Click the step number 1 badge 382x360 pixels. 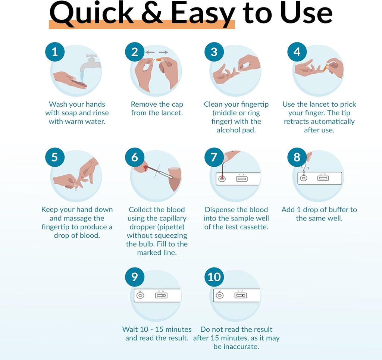(x=55, y=52)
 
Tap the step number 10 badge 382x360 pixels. (x=214, y=277)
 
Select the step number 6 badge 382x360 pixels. (x=135, y=157)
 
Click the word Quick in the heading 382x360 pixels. (x=91, y=13)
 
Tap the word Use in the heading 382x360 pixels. (x=306, y=13)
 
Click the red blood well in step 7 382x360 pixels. (x=222, y=179)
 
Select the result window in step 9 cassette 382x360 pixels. (x=162, y=295)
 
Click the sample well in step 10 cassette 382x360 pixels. (x=220, y=295)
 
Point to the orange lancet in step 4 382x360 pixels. (x=326, y=67)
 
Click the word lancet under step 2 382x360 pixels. (x=171, y=113)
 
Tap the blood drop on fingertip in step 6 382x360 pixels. (x=142, y=169)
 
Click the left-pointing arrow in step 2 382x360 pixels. (x=150, y=53)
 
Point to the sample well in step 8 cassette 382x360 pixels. (x=304, y=178)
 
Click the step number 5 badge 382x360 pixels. (x=55, y=157)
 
